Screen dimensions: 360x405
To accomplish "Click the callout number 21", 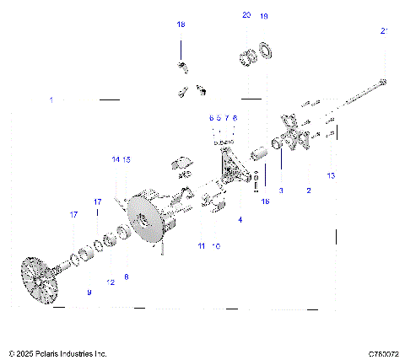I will pyautogui.click(x=385, y=31).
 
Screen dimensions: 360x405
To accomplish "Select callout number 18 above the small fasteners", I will pyautogui.click(x=180, y=25).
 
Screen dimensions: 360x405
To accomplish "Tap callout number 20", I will pyautogui.click(x=246, y=16).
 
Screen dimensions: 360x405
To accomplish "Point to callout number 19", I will pyautogui.click(x=264, y=16).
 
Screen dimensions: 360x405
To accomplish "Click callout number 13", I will pyautogui.click(x=332, y=175).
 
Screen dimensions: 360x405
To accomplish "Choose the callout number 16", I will pyautogui.click(x=265, y=202).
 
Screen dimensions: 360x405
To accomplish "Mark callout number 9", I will pyautogui.click(x=89, y=292).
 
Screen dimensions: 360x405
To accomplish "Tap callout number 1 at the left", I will pyautogui.click(x=51, y=99).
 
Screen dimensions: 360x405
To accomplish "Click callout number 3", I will pyautogui.click(x=281, y=191).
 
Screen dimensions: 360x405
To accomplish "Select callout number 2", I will pyautogui.click(x=309, y=191).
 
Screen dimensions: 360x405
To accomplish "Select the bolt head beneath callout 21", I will pyautogui.click(x=384, y=82).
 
